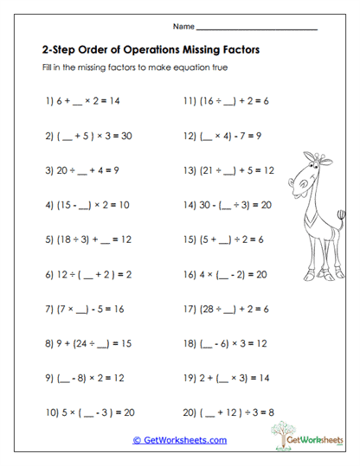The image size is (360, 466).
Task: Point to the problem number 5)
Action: pos(48,239)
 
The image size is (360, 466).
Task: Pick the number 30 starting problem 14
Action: pos(204,205)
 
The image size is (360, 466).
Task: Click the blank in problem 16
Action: pos(228,274)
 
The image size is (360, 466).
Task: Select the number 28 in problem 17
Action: pos(211,309)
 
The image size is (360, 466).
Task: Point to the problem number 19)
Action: pos(190,378)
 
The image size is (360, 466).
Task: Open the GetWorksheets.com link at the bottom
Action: pos(179,440)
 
